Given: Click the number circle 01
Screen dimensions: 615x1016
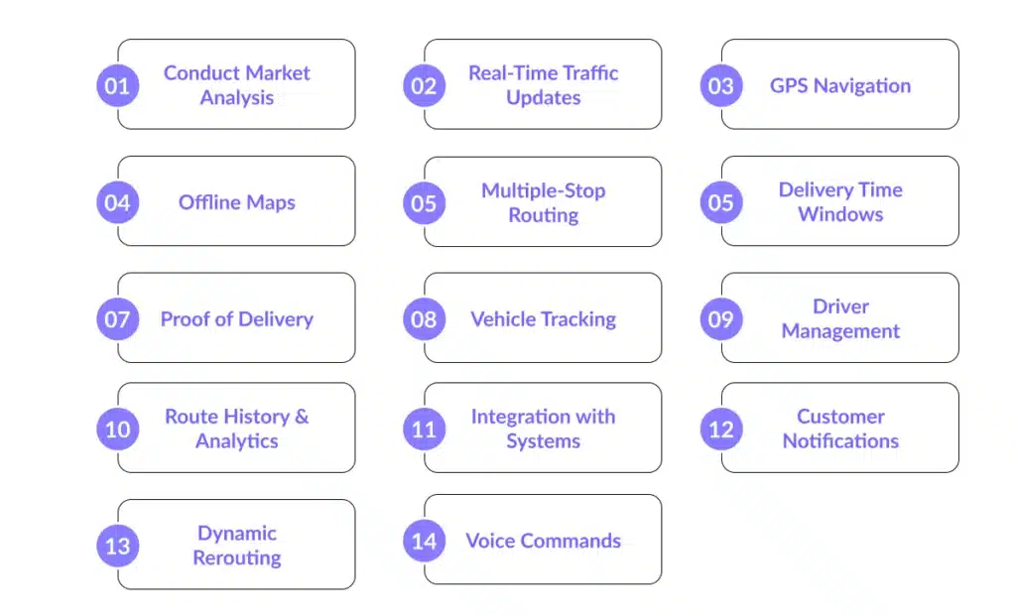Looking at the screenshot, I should tap(117, 85).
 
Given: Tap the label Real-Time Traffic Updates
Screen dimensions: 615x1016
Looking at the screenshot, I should tap(543, 85).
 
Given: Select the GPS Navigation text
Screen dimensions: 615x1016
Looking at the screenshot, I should tap(839, 85).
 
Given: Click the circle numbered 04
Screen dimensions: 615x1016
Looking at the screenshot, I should tap(117, 202).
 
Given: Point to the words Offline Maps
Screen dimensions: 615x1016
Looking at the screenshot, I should tap(236, 202).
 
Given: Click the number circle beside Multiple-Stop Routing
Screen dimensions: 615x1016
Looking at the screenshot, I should tap(424, 202).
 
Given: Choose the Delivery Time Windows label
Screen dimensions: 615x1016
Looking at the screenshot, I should tap(839, 201).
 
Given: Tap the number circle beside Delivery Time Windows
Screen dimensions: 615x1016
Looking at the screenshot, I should tap(720, 202).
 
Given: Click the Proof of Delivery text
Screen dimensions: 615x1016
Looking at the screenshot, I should tap(236, 319).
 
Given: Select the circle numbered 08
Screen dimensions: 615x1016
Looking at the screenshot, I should tap(424, 319).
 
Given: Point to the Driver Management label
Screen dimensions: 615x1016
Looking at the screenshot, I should tap(839, 318).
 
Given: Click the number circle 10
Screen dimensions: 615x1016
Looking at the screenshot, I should tap(117, 429).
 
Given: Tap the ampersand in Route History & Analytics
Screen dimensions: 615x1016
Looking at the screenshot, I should tap(301, 417).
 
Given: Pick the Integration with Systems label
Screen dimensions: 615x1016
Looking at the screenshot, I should tap(543, 429).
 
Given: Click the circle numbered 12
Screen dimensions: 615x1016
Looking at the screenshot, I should tap(720, 429).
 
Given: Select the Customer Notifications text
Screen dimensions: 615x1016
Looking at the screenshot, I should tap(839, 429).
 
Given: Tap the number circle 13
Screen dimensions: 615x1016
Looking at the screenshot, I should tap(117, 546).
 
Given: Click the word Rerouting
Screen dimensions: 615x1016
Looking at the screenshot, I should tap(236, 558).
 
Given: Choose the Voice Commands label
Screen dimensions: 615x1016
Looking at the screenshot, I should tap(543, 541).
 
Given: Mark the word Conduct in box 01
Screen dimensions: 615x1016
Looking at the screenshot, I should tap(196, 73).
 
